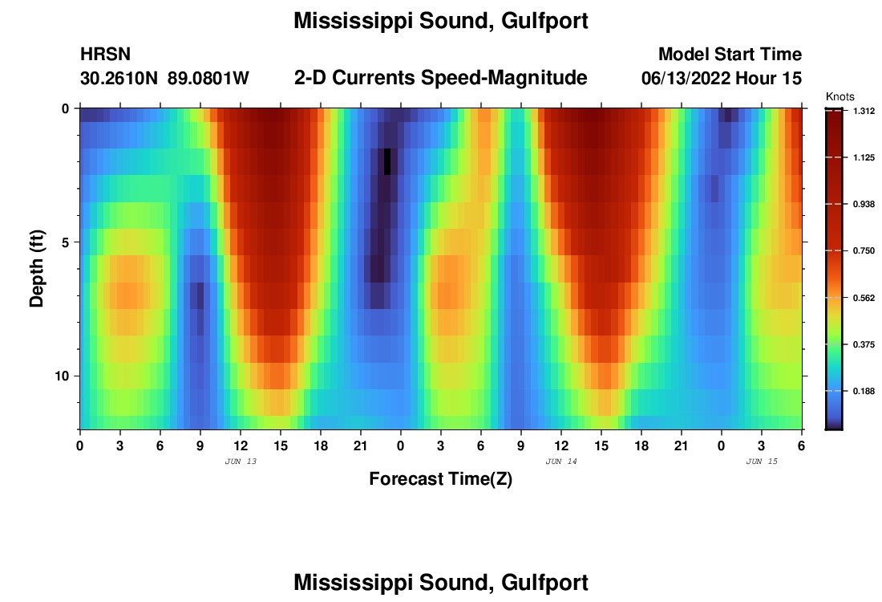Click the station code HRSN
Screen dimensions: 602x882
106,55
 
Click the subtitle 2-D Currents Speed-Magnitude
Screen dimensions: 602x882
441,78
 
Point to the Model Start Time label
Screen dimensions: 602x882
730,55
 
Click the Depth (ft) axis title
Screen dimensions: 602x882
36,268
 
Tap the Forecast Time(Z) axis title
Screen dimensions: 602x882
440,479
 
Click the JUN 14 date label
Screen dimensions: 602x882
560,462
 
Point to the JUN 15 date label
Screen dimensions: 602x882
761,462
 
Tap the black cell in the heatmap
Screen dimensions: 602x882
387,161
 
